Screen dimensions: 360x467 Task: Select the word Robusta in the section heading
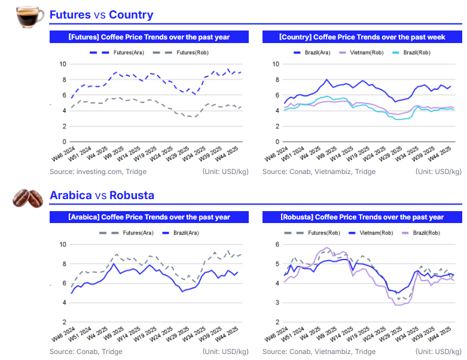click(132, 196)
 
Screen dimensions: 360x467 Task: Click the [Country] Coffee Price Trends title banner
click(362, 37)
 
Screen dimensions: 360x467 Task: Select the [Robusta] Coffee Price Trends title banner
click(362, 217)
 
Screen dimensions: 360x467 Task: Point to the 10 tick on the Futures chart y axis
click(63, 64)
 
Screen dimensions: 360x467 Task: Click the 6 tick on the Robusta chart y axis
click(276, 245)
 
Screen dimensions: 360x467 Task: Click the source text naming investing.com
click(98, 172)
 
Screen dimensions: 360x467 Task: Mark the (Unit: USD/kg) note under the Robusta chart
click(437, 352)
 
